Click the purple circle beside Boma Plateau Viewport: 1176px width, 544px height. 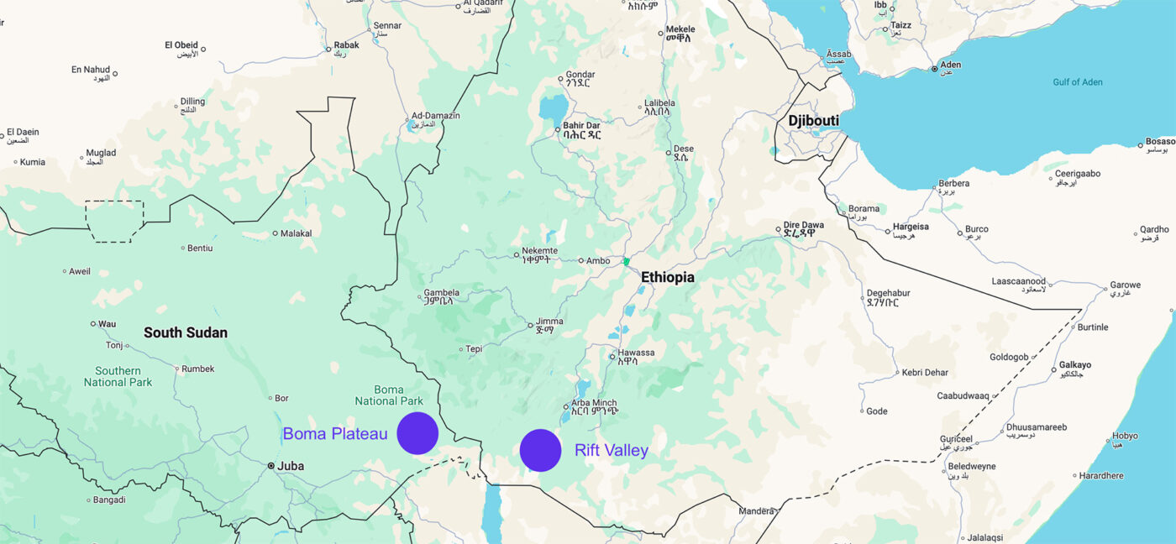(x=417, y=433)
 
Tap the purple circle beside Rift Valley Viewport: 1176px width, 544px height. (x=540, y=450)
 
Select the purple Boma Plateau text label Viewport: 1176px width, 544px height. (x=335, y=434)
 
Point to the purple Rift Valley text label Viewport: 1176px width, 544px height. (x=612, y=451)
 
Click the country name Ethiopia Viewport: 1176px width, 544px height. (x=668, y=277)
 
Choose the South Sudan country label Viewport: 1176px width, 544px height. (x=186, y=332)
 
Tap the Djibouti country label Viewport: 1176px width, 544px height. (x=813, y=121)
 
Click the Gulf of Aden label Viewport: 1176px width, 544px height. (x=1078, y=82)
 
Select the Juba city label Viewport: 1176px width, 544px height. (x=291, y=466)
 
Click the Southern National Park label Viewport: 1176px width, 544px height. (x=118, y=376)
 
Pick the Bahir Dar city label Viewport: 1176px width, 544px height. (x=581, y=126)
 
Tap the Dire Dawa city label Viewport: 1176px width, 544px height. (x=805, y=225)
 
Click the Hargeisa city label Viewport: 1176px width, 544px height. (x=911, y=227)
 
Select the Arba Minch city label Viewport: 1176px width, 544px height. (x=594, y=403)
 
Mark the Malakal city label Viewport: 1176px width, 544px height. (x=296, y=233)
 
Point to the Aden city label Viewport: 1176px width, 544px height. (x=951, y=65)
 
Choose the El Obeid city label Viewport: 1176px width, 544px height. (x=181, y=45)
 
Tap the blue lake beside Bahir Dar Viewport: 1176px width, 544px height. (x=554, y=107)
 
